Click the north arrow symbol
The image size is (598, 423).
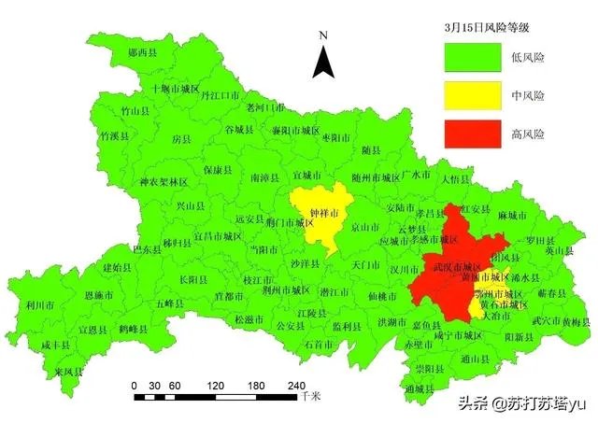pyautogui.click(x=323, y=58)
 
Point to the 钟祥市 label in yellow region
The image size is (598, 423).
pyautogui.click(x=322, y=214)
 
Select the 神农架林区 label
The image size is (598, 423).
pyautogui.click(x=164, y=182)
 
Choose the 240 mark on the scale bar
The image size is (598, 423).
pyautogui.click(x=295, y=385)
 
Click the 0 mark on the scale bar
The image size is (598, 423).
pyautogui.click(x=135, y=385)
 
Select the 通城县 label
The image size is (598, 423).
pyautogui.click(x=420, y=388)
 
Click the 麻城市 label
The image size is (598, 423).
pyautogui.click(x=514, y=215)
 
